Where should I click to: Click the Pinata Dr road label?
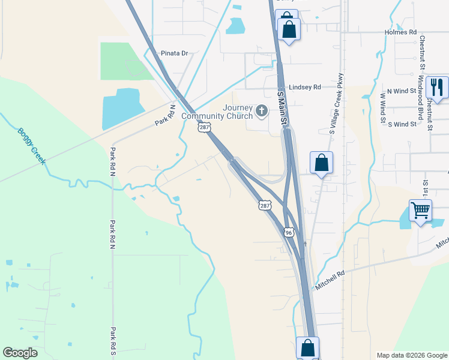click(x=174, y=53)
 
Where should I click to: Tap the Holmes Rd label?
click(x=400, y=32)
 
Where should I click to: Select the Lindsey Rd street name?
click(x=305, y=87)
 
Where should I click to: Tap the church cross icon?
click(x=261, y=110)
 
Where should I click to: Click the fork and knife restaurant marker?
click(x=437, y=88)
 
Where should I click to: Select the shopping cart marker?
click(x=420, y=211)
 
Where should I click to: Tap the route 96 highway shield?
click(x=289, y=232)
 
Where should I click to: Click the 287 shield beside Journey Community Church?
click(x=205, y=127)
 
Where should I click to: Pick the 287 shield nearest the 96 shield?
click(x=265, y=205)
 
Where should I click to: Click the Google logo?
click(x=20, y=353)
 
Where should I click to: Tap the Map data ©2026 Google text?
click(x=411, y=355)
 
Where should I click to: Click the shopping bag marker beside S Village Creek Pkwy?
click(x=321, y=163)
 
